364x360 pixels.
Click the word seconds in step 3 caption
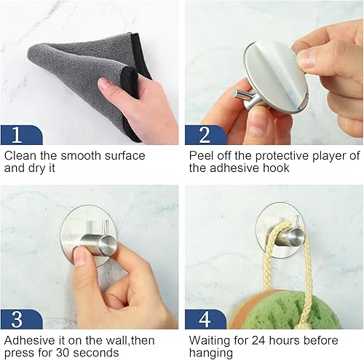coord(102,352)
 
